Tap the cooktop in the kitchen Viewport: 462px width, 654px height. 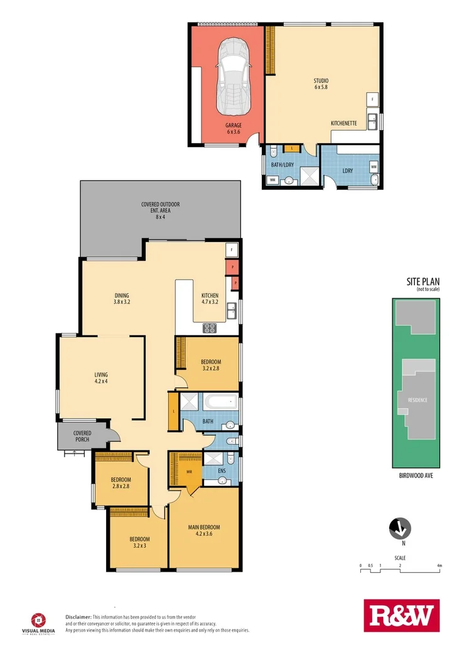coord(210,327)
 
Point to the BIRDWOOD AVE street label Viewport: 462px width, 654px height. coord(416,476)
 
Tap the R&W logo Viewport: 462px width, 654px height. coord(402,616)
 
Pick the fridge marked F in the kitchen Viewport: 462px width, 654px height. coord(232,250)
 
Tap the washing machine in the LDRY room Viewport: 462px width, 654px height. coord(373,167)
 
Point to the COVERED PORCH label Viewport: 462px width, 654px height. coord(82,436)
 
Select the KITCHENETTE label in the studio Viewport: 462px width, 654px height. coord(343,124)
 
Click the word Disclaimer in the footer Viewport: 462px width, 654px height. coord(78,618)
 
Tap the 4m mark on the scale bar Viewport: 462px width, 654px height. coord(439,566)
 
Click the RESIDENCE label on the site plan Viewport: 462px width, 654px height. coord(418,399)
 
